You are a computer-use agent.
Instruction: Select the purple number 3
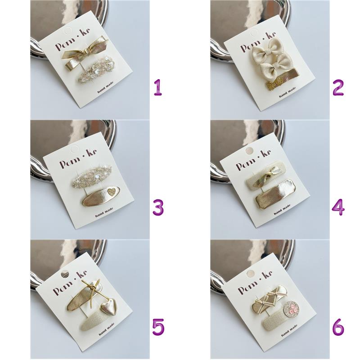[x=158, y=207]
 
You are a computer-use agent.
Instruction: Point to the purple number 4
[x=338, y=207]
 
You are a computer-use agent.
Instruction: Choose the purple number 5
[x=158, y=327]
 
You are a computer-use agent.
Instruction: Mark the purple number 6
[x=338, y=327]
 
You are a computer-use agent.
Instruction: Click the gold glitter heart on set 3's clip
[x=112, y=192]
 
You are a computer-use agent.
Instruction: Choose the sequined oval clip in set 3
[x=91, y=176]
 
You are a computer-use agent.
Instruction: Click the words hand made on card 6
[x=289, y=330]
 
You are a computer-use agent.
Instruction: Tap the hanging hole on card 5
[x=65, y=274]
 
